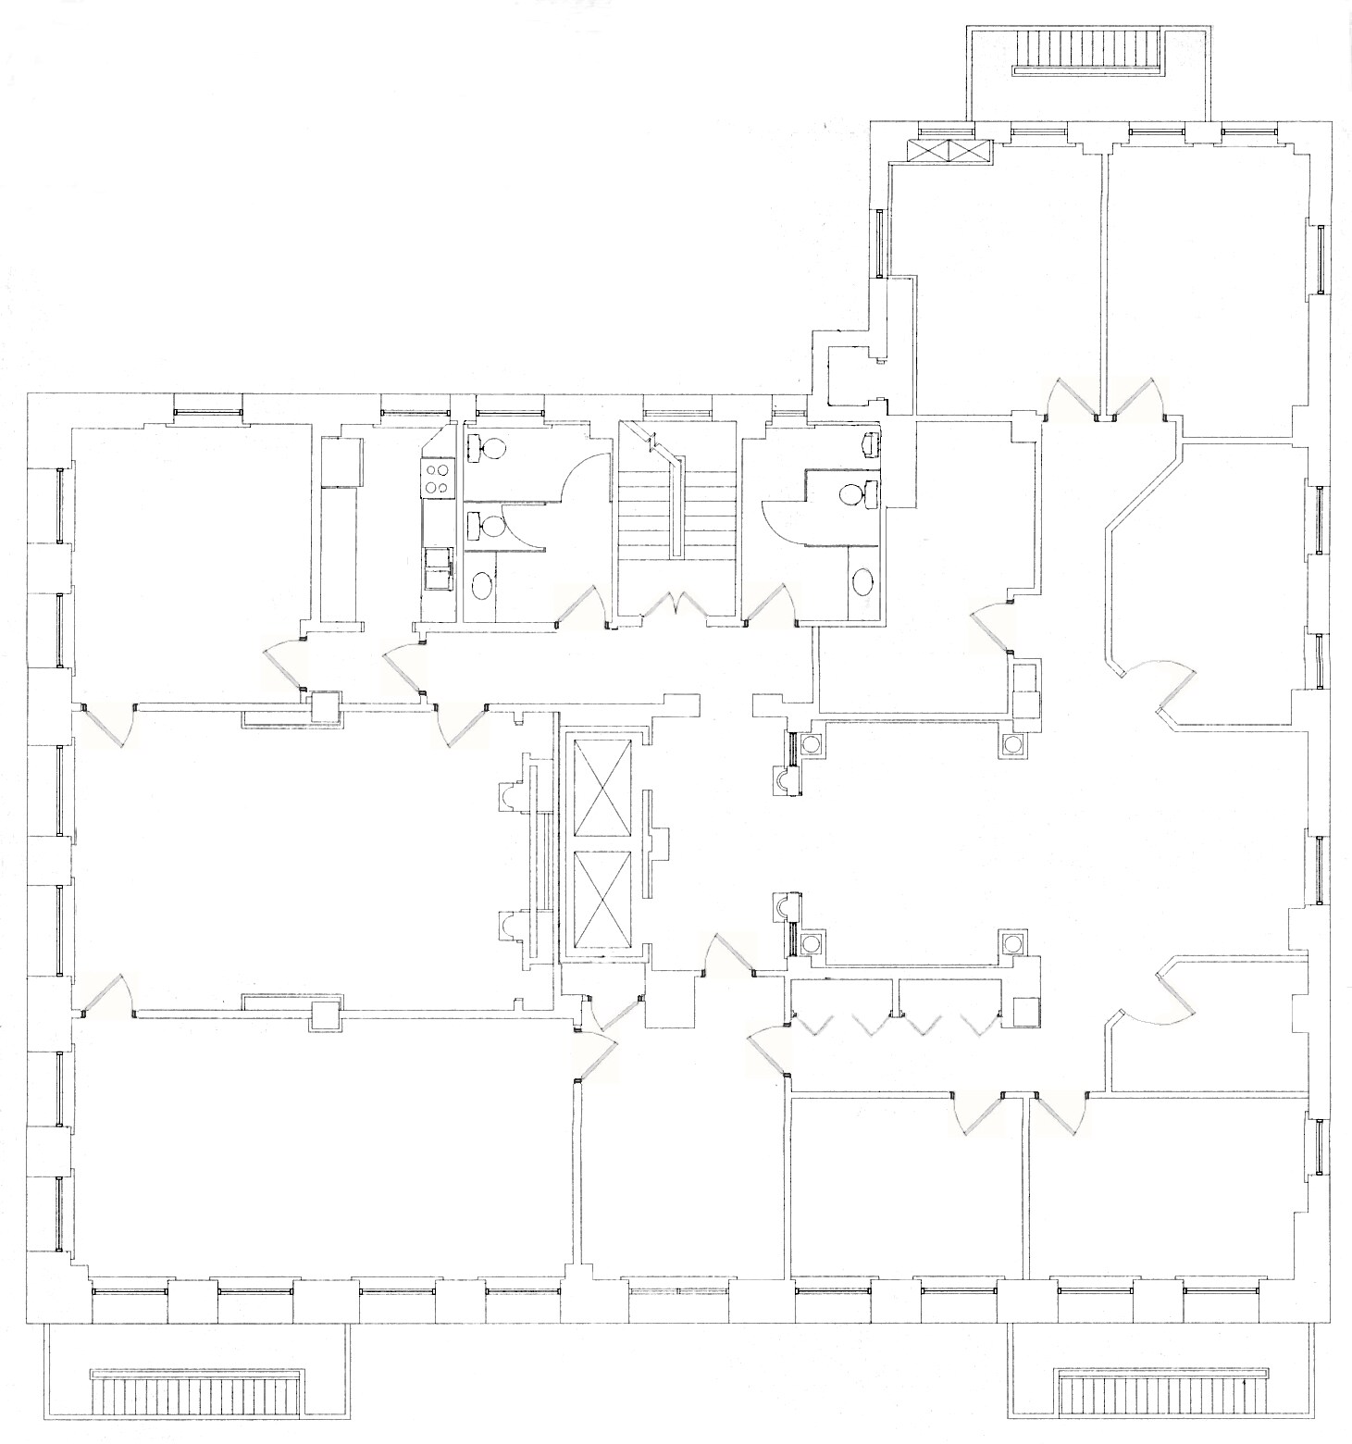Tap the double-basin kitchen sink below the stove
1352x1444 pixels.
pyautogui.click(x=437, y=568)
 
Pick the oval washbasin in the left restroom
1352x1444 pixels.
pyautogui.click(x=483, y=585)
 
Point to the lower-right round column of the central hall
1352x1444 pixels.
pyautogui.click(x=1013, y=943)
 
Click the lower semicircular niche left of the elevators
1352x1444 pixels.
pyautogui.click(x=510, y=925)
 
